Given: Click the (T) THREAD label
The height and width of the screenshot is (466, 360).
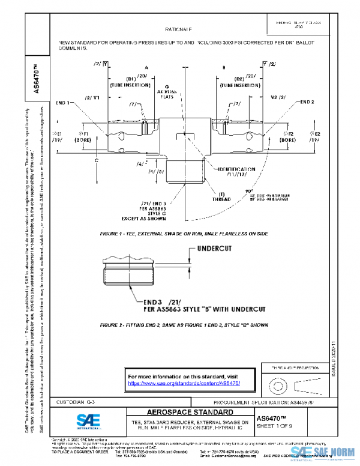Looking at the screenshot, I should point(221,196).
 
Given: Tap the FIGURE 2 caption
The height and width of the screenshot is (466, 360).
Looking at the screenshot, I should point(184,324).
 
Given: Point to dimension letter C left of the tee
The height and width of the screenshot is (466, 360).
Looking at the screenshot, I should point(95,160).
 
